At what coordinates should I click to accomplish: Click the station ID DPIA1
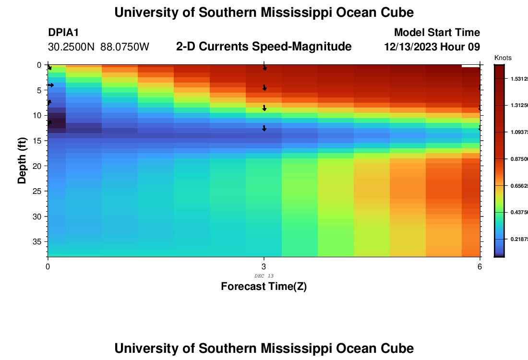(x=63, y=33)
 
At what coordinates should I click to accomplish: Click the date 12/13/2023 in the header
(x=412, y=47)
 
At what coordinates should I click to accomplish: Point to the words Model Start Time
(x=437, y=33)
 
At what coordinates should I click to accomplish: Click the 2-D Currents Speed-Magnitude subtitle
(x=264, y=47)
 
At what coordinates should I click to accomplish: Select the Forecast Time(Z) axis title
(x=264, y=287)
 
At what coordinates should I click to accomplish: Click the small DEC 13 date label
(x=264, y=276)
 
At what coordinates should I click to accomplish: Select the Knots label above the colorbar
(x=503, y=58)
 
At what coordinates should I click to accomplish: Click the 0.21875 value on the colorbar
(x=518, y=239)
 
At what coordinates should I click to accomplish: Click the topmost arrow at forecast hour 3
(x=264, y=68)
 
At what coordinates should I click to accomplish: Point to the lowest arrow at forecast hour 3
(x=264, y=128)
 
